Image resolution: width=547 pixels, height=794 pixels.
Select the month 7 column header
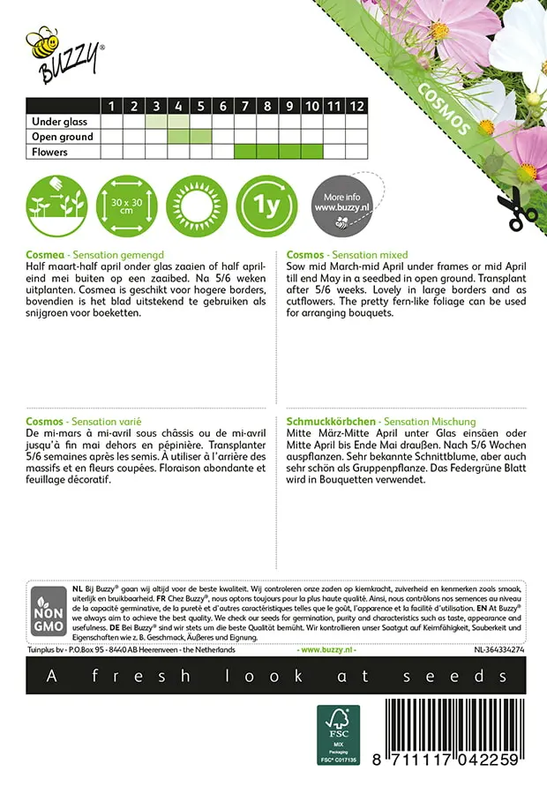click(244, 107)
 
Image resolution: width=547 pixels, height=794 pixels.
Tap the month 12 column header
click(356, 107)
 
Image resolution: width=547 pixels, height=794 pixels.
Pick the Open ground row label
click(62, 137)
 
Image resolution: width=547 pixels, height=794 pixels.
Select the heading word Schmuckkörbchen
click(329, 423)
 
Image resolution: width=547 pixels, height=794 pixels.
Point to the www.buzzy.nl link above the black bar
click(327, 649)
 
